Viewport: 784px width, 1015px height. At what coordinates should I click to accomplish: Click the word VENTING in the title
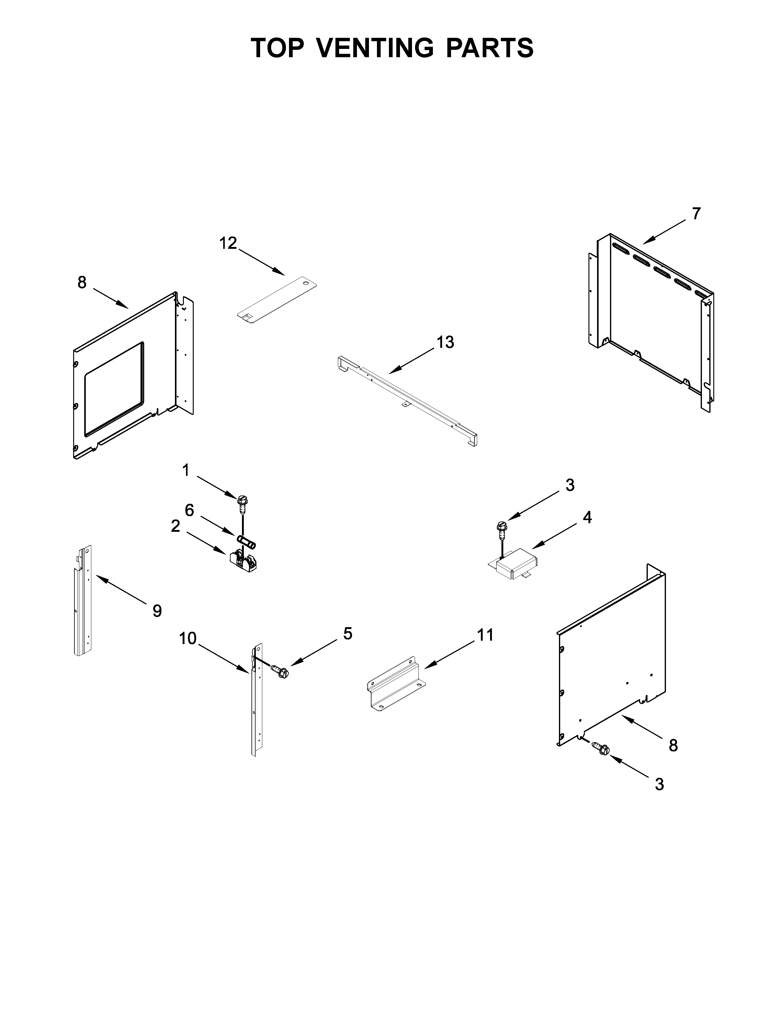click(376, 48)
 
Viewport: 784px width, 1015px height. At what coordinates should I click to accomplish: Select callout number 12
click(228, 243)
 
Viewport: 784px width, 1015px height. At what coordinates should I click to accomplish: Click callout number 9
click(157, 611)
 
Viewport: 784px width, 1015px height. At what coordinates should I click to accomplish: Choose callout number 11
click(485, 635)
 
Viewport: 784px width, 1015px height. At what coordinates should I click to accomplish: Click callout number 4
click(587, 517)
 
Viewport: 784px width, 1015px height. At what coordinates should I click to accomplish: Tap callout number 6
click(189, 510)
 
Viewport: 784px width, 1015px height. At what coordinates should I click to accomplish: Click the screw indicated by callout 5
click(280, 672)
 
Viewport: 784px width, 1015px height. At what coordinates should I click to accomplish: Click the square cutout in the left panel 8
click(114, 389)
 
